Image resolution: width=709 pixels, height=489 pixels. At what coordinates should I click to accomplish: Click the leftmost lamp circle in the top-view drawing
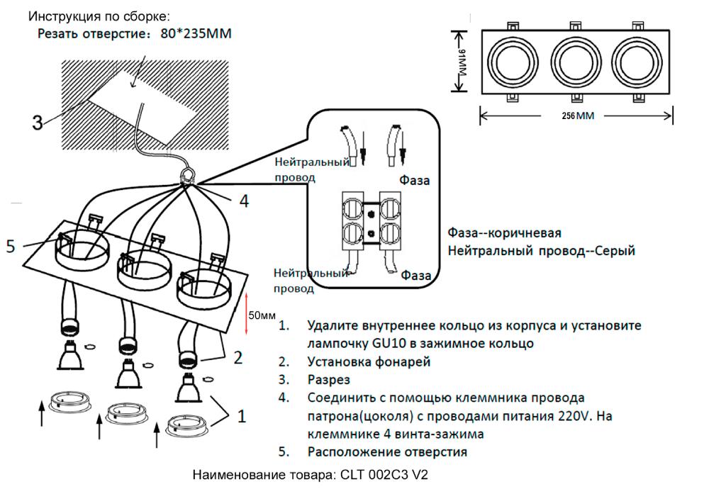point(515,62)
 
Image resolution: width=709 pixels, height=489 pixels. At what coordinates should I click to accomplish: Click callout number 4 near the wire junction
point(243,201)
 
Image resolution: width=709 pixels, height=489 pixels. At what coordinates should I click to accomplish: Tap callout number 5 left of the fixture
point(10,247)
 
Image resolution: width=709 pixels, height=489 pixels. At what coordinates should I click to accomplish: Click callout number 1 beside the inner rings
point(241,417)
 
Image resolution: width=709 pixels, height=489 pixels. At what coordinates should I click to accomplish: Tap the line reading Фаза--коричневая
point(505,233)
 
